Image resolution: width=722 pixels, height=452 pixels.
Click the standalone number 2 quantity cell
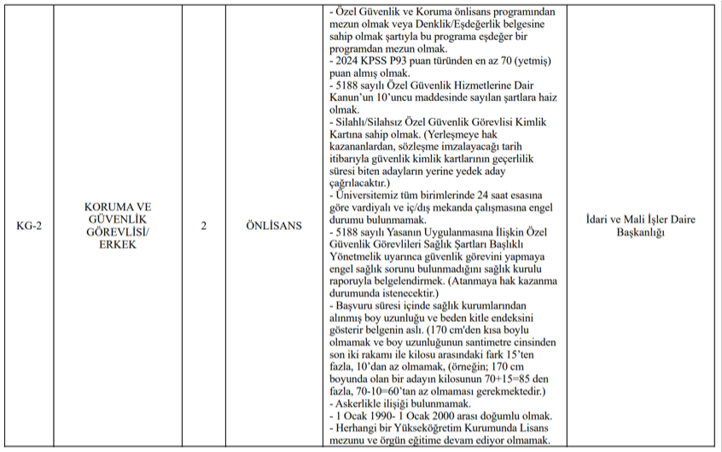[x=203, y=226]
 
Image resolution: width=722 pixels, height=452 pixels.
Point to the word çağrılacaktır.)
[x=359, y=183]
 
